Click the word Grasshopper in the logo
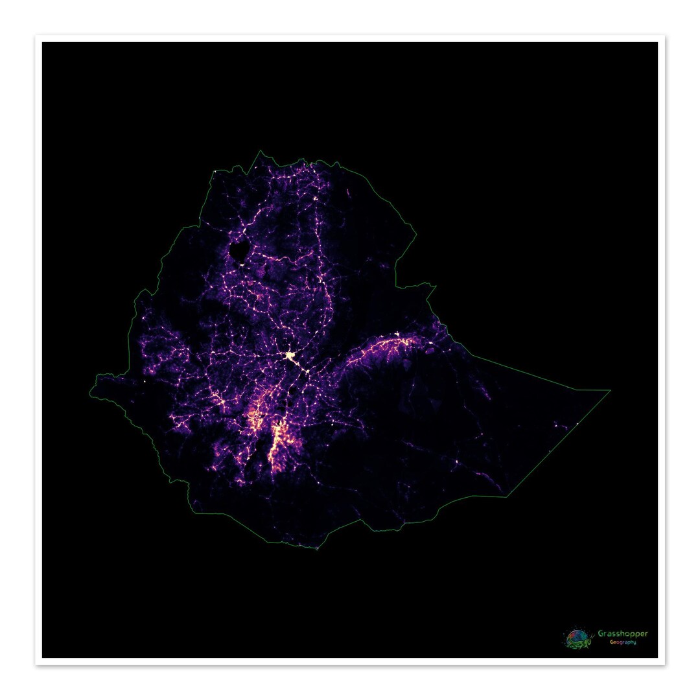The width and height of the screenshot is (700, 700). coord(622,633)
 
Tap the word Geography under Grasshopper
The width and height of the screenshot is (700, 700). coord(622,642)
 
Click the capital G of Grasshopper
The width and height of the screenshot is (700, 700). coord(601,633)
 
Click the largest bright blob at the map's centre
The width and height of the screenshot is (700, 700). coord(289,355)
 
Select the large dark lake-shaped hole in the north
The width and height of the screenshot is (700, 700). coord(238,249)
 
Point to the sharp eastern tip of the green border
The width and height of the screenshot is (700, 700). coord(610,390)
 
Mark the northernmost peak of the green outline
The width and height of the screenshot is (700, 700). coord(262,151)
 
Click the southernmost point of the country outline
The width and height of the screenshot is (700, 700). coord(317,549)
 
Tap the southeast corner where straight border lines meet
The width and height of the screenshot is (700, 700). coord(506,497)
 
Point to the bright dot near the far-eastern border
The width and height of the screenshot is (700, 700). coord(577,425)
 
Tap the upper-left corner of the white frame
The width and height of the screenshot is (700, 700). coord(37,37)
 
